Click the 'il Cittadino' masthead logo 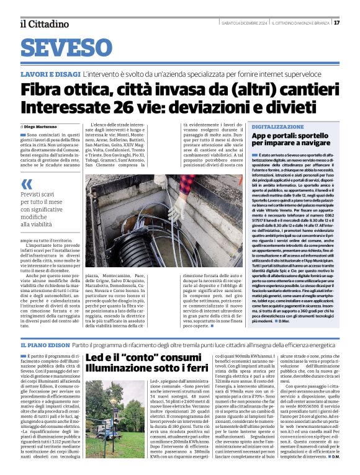coord(44,24)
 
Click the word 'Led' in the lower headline coord(96,358)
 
